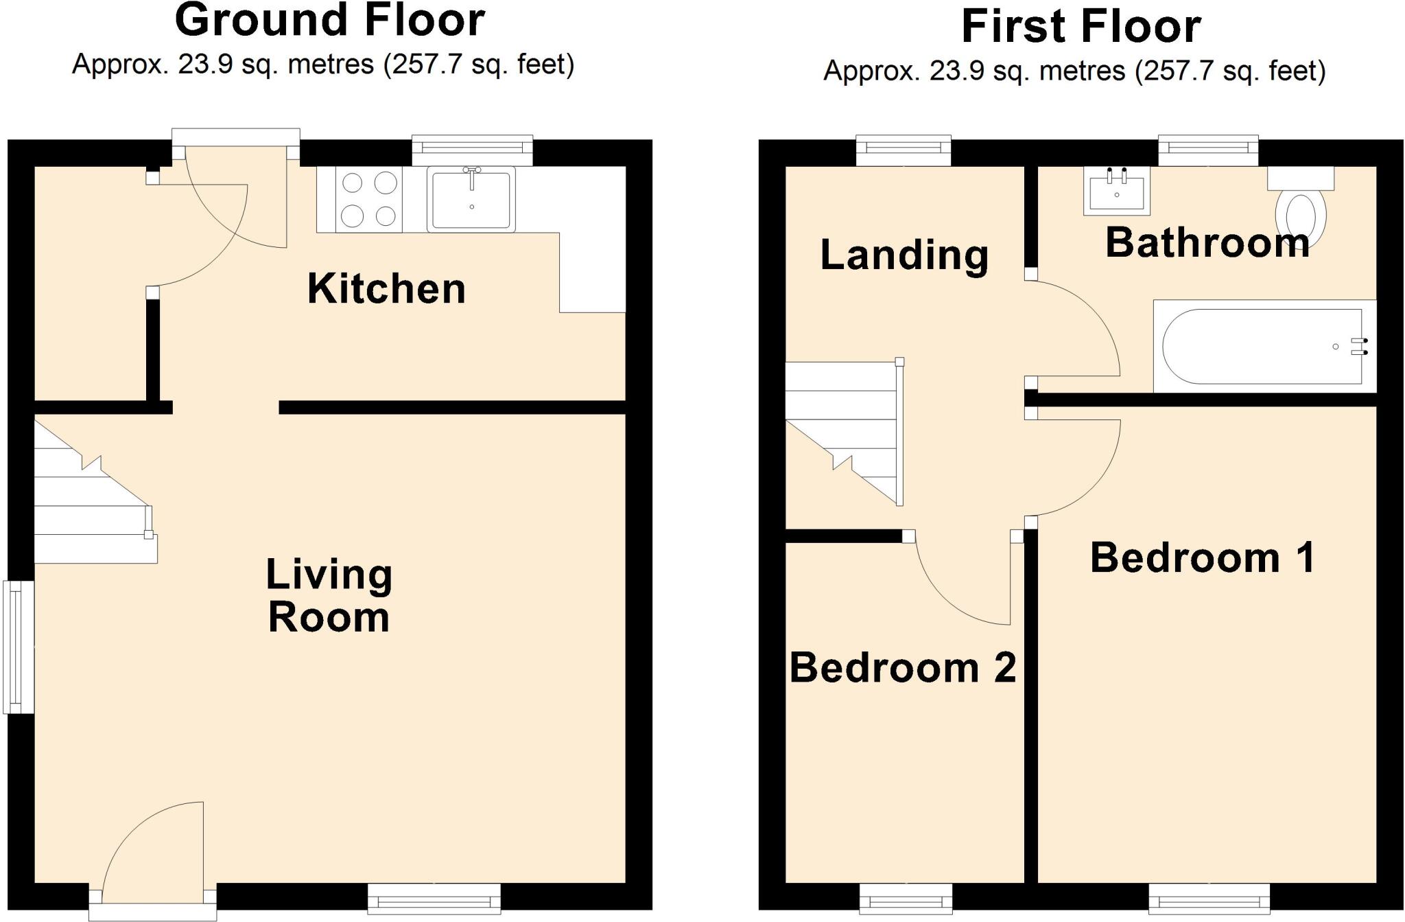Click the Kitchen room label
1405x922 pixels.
(386, 289)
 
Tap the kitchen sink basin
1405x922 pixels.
(471, 199)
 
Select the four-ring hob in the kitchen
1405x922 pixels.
(369, 199)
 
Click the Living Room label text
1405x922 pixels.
(329, 595)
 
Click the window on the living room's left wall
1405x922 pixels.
(19, 647)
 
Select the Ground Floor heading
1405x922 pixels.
(330, 21)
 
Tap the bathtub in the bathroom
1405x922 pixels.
(1264, 347)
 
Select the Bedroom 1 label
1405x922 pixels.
(1202, 557)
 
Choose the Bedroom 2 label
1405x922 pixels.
(902, 667)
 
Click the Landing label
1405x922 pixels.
(904, 255)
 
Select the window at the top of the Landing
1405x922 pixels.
(904, 149)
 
